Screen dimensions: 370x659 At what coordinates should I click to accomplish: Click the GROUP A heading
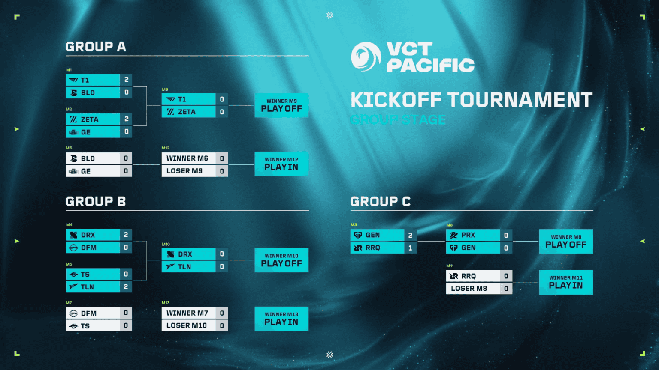(96, 47)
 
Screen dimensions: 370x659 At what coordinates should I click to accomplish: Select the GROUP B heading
(96, 202)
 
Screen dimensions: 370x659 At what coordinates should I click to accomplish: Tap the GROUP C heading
(380, 202)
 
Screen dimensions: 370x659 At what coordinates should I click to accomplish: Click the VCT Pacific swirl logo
(366, 57)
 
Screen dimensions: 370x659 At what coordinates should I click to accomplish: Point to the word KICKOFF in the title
(396, 100)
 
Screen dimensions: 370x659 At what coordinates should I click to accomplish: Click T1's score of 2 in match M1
(126, 80)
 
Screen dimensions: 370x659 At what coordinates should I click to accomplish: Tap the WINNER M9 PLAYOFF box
(281, 105)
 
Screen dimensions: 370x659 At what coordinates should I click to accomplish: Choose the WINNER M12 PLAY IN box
(281, 164)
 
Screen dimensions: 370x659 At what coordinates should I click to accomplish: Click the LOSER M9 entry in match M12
(189, 171)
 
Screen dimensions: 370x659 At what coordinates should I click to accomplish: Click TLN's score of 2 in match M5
(126, 287)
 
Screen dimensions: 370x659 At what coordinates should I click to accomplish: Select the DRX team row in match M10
(189, 254)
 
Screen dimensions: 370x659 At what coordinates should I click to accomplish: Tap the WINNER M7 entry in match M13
(189, 313)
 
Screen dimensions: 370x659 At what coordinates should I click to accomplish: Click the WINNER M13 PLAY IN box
(281, 319)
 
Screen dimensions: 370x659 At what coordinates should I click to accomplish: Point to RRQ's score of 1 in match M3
(411, 248)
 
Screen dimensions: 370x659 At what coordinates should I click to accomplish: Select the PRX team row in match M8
(473, 235)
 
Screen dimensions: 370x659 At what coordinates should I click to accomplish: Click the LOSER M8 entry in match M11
(473, 289)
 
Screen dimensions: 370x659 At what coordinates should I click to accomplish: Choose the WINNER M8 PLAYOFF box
(566, 242)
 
